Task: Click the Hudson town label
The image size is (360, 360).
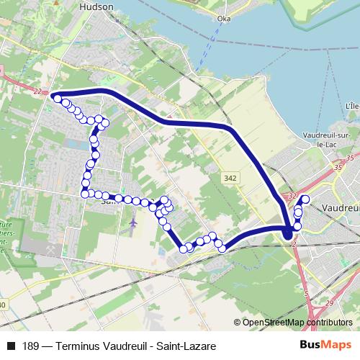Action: click(x=99, y=6)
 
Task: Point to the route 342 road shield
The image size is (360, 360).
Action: click(x=230, y=176)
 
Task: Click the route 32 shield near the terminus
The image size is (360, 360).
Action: click(x=292, y=196)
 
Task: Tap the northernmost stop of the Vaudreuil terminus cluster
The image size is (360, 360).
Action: click(x=305, y=199)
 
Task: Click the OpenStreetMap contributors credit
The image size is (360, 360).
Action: click(x=297, y=322)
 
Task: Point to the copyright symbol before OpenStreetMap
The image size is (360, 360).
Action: click(x=237, y=322)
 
